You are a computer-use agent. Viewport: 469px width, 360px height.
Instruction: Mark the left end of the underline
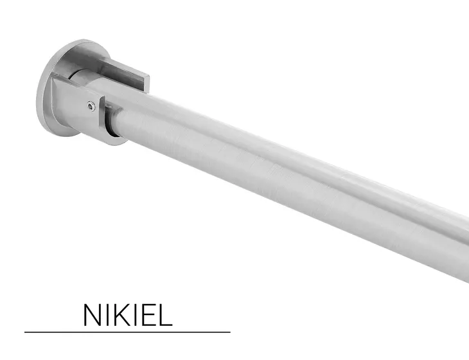(26, 332)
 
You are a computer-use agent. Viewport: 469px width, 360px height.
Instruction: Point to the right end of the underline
(229, 332)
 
